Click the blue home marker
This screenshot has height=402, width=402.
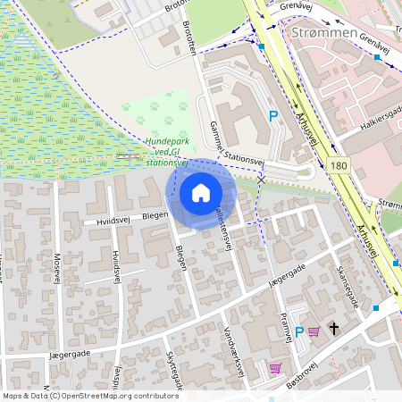tap(201, 193)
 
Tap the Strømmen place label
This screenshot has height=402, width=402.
tap(324, 33)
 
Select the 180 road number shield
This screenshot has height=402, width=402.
tap(338, 166)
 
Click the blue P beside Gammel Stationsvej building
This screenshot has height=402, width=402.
tap(274, 115)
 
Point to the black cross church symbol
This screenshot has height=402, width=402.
tap(334, 329)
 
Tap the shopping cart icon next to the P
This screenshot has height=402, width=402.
tap(314, 331)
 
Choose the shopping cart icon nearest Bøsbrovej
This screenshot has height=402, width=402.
tap(275, 367)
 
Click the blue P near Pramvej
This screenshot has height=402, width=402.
tap(299, 331)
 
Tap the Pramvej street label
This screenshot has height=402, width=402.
tap(286, 327)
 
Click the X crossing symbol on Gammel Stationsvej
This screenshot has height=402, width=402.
tap(261, 180)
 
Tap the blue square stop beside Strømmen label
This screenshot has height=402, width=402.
tap(264, 47)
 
